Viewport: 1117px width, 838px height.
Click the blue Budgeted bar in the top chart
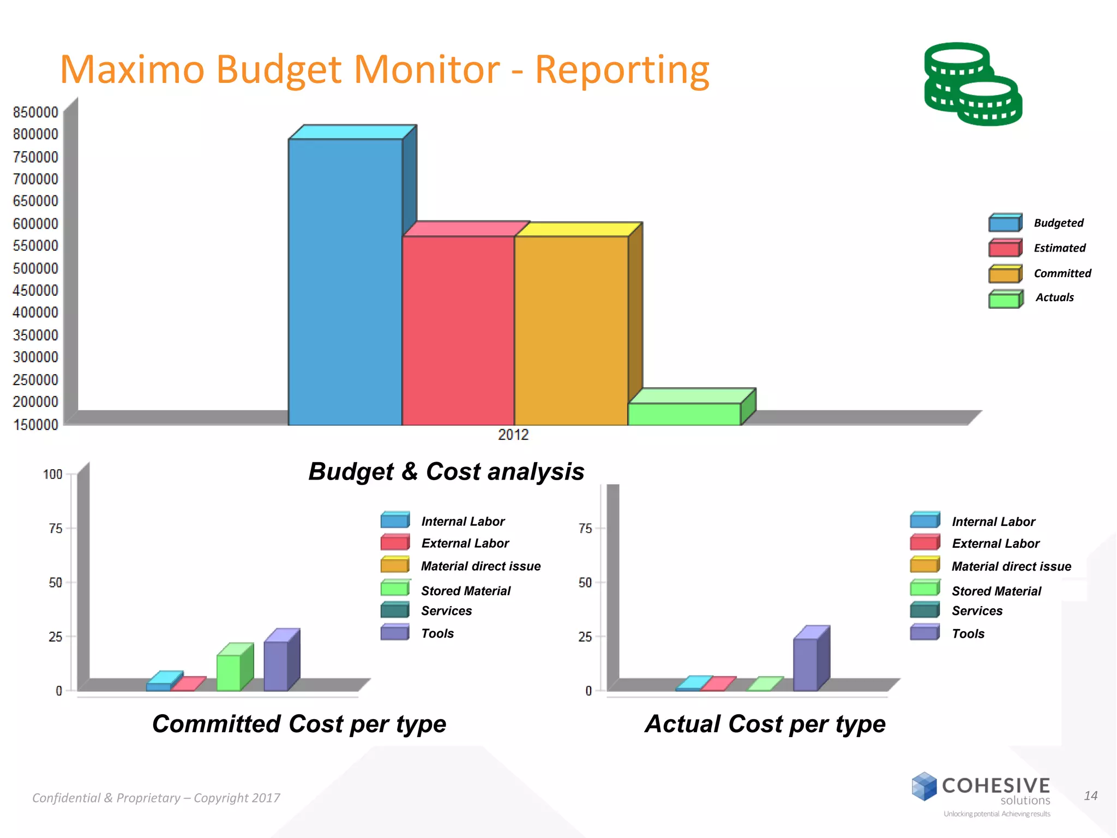click(345, 281)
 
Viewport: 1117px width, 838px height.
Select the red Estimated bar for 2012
click(458, 330)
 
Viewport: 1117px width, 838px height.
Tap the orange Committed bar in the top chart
click(571, 330)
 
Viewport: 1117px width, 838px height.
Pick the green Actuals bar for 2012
click(684, 414)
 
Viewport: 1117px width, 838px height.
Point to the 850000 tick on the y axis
click(35, 112)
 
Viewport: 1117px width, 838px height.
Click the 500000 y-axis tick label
click(35, 268)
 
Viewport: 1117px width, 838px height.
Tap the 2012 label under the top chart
click(513, 435)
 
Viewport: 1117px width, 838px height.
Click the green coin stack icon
click(972, 84)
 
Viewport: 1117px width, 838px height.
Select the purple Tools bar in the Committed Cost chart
click(276, 666)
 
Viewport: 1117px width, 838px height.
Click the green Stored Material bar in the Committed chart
click(229, 673)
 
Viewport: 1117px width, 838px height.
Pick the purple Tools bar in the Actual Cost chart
click(806, 665)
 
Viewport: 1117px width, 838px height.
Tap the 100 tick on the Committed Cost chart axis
click(53, 474)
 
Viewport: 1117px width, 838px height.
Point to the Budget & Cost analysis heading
click(446, 471)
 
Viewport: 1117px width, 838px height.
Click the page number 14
click(1090, 796)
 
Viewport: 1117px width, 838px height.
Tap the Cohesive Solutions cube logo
click(924, 786)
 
